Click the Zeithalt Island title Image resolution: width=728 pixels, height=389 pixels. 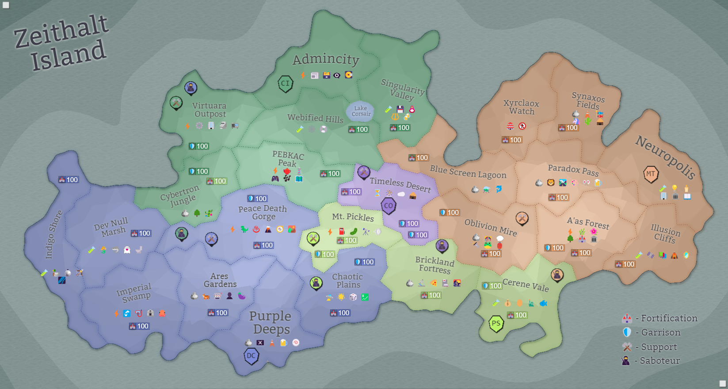62,43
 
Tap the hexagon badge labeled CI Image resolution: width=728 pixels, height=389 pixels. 286,83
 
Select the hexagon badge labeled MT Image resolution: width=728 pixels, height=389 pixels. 651,174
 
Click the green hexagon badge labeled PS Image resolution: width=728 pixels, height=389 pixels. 496,324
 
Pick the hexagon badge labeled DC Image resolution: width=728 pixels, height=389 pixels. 251,356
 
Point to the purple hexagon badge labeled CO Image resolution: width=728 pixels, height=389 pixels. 389,206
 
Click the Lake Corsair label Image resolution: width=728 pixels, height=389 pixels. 361,111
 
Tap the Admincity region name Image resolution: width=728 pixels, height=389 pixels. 326,59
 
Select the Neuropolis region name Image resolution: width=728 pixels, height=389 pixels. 665,156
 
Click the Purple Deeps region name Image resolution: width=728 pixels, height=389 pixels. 271,323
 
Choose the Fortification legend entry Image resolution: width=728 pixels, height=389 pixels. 661,318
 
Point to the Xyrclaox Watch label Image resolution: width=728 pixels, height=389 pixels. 522,107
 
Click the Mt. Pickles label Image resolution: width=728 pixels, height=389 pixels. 353,217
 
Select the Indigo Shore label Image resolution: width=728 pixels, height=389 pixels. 53,234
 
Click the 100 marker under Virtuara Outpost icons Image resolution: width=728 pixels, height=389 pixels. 199,146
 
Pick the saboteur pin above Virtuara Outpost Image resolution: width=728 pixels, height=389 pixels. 191,88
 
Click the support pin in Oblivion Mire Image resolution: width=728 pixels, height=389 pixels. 522,218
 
